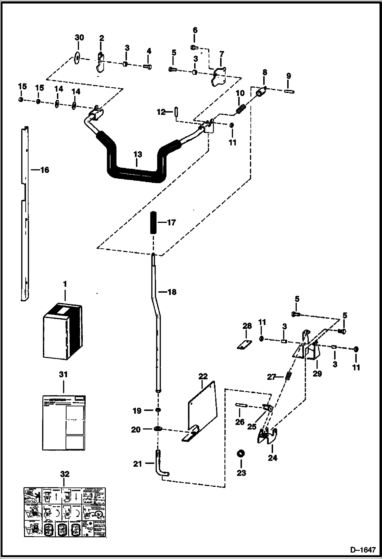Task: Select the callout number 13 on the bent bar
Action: tap(137, 155)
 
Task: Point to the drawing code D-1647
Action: tap(363, 550)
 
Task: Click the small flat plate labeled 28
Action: tap(244, 344)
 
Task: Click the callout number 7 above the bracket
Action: tap(222, 54)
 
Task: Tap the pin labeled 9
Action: tap(288, 91)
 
